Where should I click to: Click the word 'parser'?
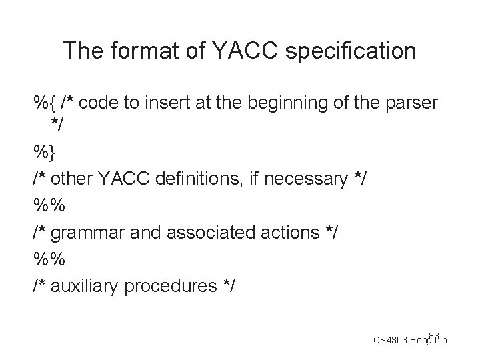pos(412,104)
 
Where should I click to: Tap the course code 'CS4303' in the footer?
pos(389,341)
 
